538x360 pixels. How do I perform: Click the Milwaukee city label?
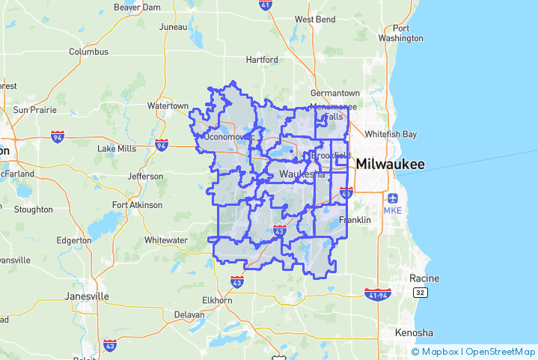[390, 164]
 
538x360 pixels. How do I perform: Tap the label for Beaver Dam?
[138, 7]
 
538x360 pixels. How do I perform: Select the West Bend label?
[315, 19]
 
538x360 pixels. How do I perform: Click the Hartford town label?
[261, 60]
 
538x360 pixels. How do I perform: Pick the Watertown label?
[168, 106]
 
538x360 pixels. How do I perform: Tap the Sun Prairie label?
[30, 109]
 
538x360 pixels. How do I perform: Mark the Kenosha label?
[415, 332]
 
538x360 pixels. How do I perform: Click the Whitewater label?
[166, 240]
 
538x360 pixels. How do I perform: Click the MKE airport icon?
[394, 199]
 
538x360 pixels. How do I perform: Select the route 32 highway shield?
[421, 292]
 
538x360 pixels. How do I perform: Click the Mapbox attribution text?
[439, 351]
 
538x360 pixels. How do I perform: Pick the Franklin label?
[355, 220]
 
